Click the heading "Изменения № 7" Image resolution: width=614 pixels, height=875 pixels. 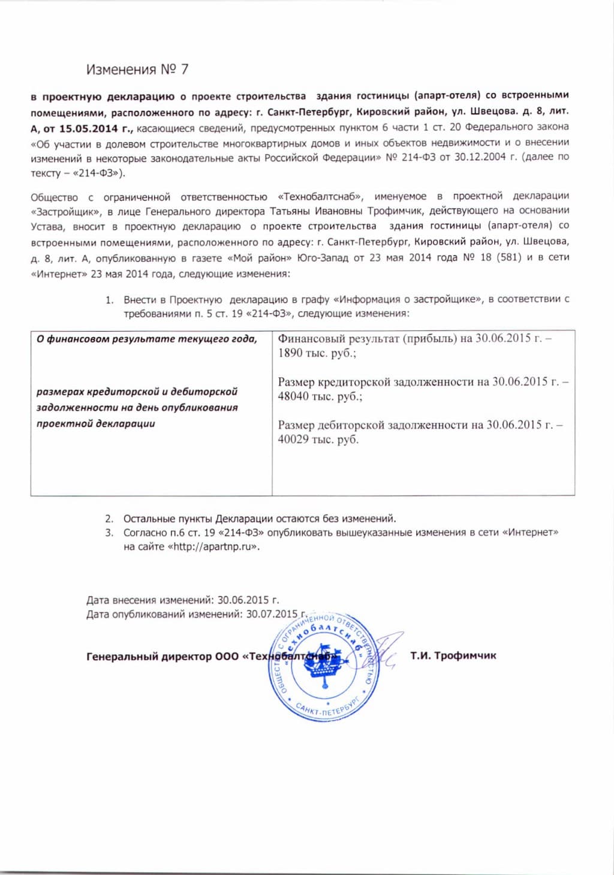[x=137, y=70]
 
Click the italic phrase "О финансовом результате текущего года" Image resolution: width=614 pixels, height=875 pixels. [x=147, y=339]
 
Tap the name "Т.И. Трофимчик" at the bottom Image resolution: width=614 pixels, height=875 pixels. [x=453, y=656]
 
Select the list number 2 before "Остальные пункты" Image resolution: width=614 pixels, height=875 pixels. [x=109, y=519]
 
